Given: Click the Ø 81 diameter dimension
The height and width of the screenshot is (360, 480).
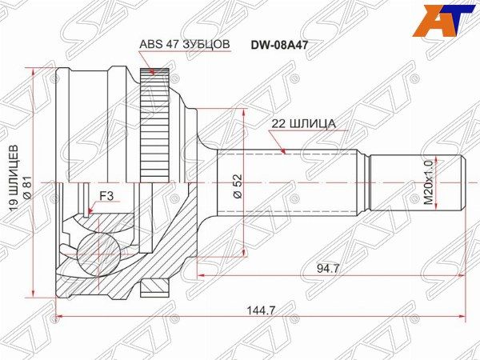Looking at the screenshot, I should tap(26, 187).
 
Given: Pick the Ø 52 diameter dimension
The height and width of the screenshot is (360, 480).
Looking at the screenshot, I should tap(238, 186).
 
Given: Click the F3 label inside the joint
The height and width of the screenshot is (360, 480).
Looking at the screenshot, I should tap(106, 194).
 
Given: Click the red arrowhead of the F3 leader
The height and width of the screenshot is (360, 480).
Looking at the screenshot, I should tap(90, 213).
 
